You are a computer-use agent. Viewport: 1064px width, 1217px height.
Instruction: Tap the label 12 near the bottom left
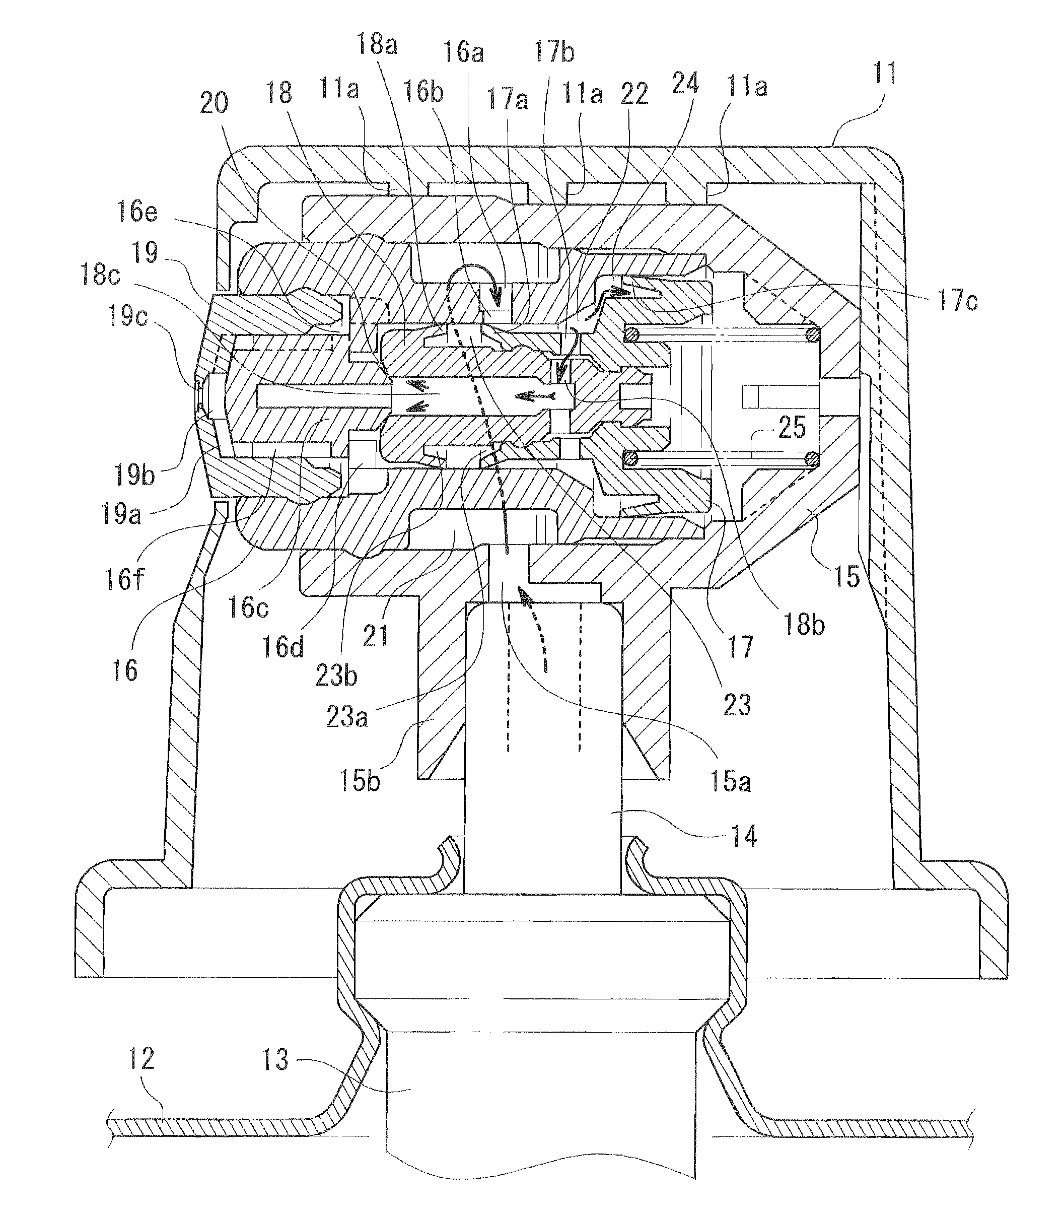click(141, 1058)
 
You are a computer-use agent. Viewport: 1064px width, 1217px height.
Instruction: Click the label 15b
click(359, 780)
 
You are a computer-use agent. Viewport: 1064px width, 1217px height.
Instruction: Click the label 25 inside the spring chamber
click(792, 427)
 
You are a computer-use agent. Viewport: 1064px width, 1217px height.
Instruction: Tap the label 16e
click(137, 211)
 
